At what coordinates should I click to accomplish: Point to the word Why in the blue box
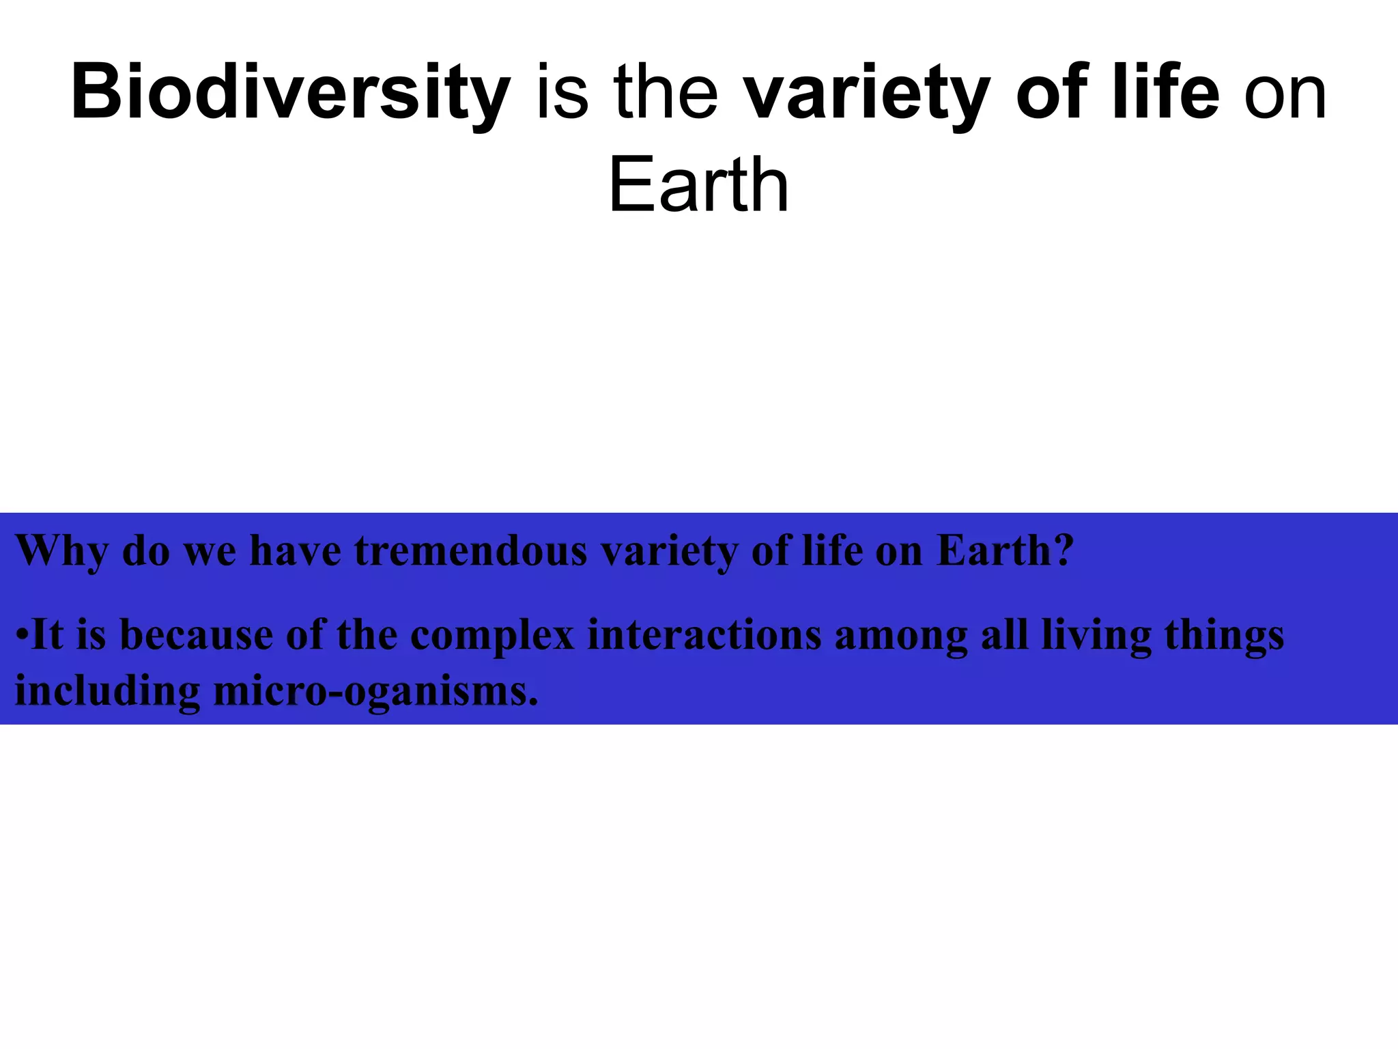61,550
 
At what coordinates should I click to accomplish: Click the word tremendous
470,550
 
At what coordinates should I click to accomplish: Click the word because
197,635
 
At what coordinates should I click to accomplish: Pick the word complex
492,635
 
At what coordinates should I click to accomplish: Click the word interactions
704,635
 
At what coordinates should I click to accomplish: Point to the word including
107,691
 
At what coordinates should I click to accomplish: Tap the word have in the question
296,550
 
